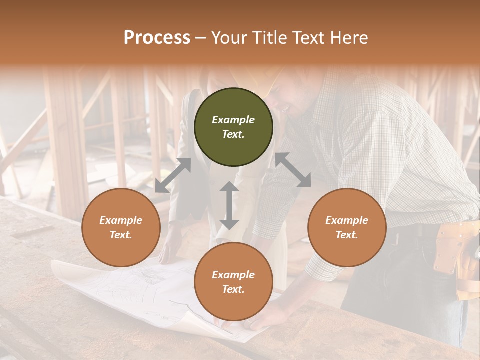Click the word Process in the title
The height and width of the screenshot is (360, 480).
click(157, 38)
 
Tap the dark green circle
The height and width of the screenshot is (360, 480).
click(233, 127)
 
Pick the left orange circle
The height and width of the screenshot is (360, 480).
click(121, 227)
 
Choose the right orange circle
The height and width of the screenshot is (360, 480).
click(347, 227)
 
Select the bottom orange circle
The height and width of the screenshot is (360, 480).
click(233, 282)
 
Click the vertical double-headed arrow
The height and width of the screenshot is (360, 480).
click(229, 205)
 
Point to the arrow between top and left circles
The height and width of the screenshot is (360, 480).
click(173, 175)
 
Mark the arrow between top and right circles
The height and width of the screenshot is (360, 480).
click(293, 170)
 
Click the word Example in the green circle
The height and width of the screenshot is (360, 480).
click(233, 120)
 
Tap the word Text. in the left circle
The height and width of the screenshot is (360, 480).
click(121, 235)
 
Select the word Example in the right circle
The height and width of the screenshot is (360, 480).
click(347, 220)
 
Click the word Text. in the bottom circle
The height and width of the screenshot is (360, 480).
click(233, 289)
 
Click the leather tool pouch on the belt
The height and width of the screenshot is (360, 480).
click(452, 250)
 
